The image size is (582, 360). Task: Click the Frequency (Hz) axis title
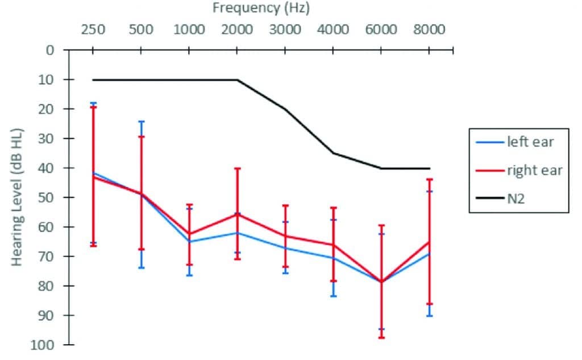(261, 8)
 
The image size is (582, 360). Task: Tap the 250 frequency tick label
(93, 30)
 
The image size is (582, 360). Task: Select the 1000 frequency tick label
(189, 30)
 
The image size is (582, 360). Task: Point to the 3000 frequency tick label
(285, 30)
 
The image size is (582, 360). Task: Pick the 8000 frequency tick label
(429, 30)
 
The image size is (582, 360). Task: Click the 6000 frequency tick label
(381, 30)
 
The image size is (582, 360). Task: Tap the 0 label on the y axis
(50, 50)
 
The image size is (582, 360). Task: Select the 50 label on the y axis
(47, 197)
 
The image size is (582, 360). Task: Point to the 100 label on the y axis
(44, 345)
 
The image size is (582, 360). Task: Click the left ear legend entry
(530, 142)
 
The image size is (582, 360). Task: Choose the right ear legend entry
(534, 170)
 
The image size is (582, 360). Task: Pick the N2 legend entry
(518, 198)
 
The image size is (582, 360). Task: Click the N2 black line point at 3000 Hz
(285, 109)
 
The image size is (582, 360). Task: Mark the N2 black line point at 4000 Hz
(333, 153)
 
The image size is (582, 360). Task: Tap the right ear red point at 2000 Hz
(237, 214)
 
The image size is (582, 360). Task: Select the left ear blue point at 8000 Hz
(429, 253)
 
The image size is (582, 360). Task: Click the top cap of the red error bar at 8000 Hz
(429, 179)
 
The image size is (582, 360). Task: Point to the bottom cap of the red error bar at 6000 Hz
(381, 338)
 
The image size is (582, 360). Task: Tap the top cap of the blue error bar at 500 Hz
(141, 121)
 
